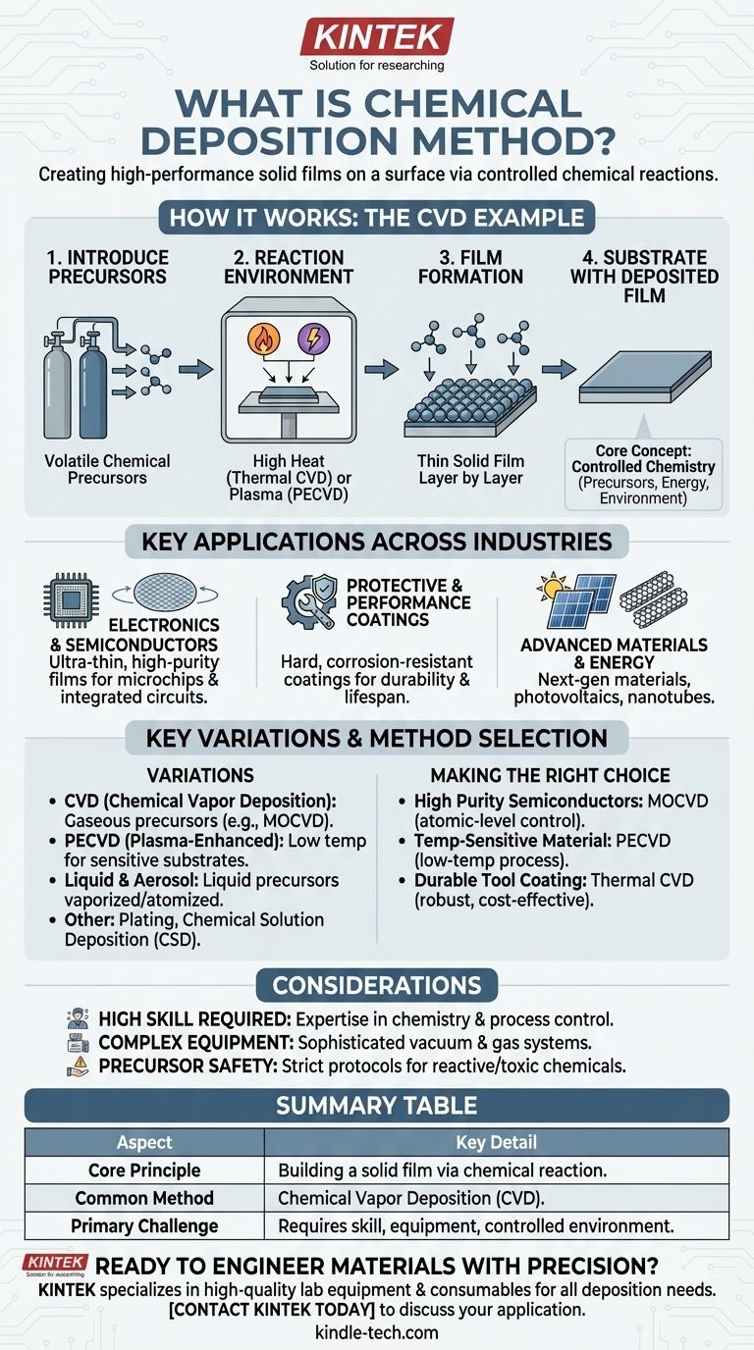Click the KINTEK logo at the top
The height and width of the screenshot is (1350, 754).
point(377,37)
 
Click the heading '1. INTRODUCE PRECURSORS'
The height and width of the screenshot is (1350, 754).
point(108,267)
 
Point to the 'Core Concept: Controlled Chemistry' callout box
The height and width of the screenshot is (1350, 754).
point(642,474)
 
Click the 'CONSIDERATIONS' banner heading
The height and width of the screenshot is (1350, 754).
point(377,984)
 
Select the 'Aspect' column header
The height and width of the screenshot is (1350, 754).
point(144,1142)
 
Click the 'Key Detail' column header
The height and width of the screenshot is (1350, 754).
point(497,1142)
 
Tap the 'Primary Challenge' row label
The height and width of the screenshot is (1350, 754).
point(144,1225)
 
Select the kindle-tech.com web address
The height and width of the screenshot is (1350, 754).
point(377,1332)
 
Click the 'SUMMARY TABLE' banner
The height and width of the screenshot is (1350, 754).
point(377,1106)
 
